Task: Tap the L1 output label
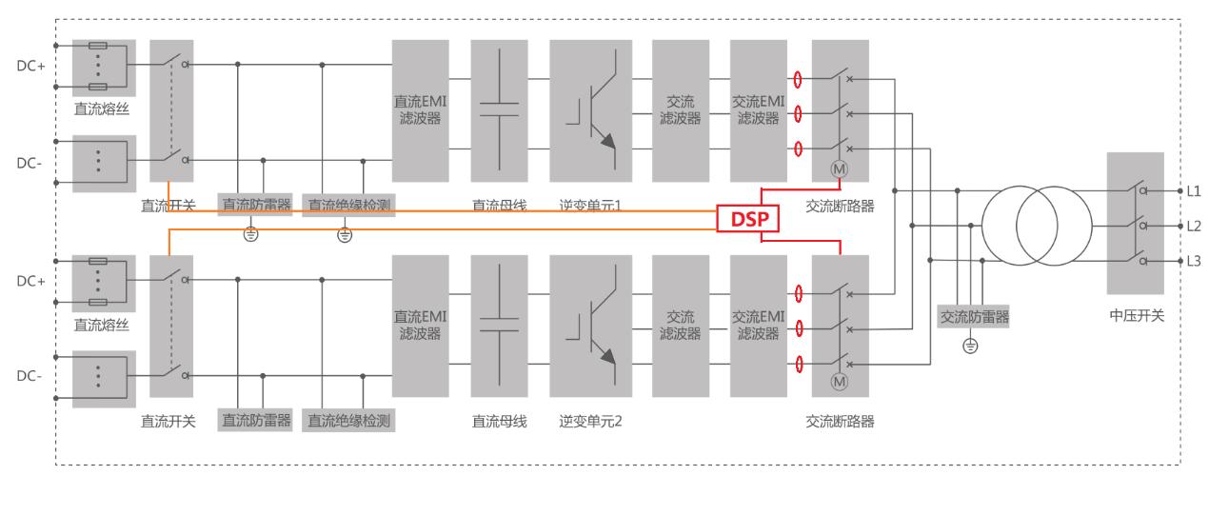click(1194, 190)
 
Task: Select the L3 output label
click(1194, 261)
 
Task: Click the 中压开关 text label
click(1136, 316)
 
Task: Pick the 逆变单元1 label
click(590, 205)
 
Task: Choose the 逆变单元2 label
click(590, 421)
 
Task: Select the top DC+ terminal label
click(30, 66)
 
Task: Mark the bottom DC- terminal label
click(30, 376)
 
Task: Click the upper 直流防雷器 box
click(255, 204)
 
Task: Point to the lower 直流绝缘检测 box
click(349, 420)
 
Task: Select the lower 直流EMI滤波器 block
click(420, 326)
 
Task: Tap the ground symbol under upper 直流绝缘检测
click(345, 234)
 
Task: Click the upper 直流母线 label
click(500, 205)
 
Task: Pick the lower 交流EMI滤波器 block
click(758, 326)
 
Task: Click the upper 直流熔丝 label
click(102, 110)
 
